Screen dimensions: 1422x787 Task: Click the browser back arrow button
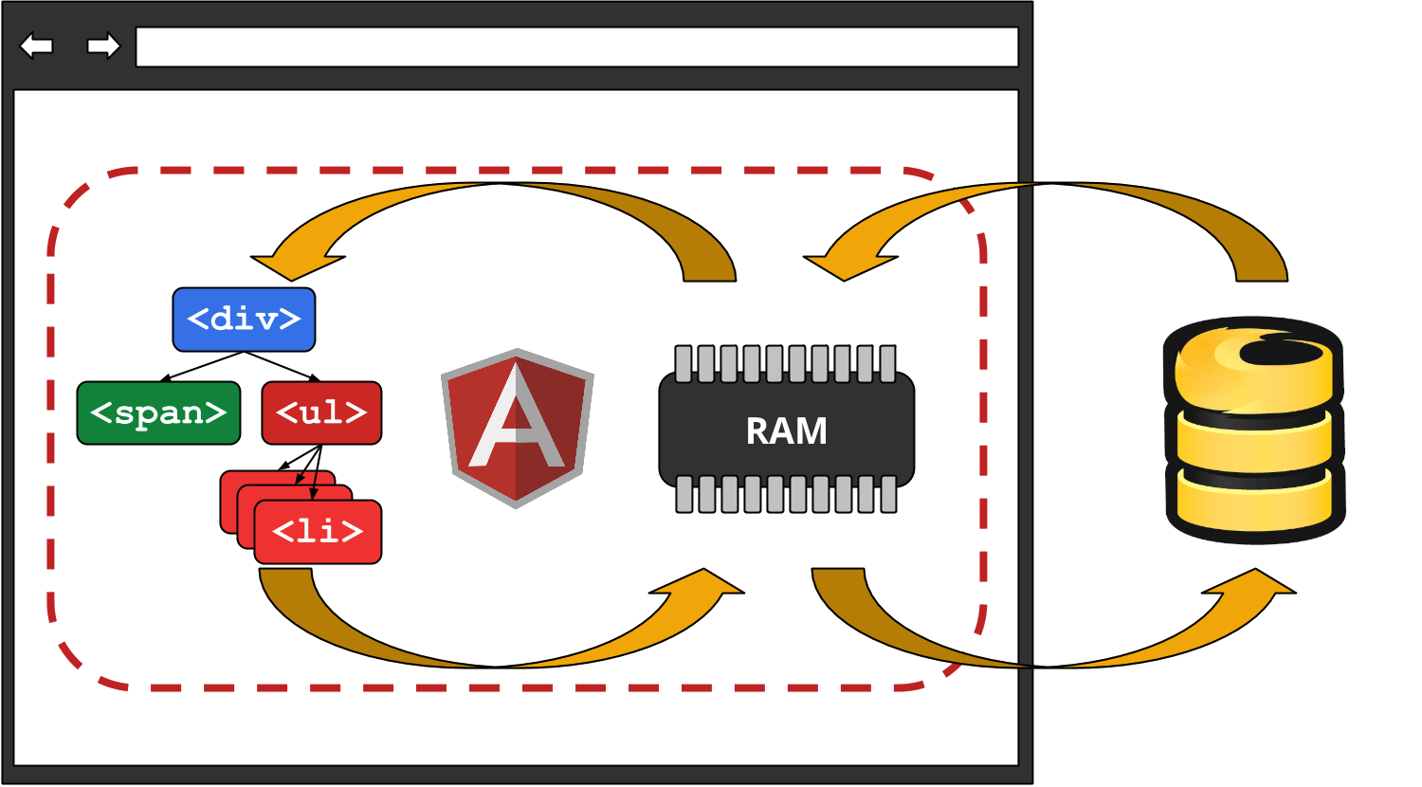point(36,46)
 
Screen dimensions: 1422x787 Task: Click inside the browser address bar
point(576,47)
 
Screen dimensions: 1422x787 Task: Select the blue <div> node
point(244,320)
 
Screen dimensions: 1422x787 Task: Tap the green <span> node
point(158,412)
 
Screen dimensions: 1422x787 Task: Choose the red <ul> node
point(321,412)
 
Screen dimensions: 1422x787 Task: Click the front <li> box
point(318,532)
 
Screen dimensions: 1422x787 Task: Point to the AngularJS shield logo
point(517,427)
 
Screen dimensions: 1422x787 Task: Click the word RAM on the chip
point(786,431)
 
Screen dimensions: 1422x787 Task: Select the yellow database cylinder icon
point(1253,431)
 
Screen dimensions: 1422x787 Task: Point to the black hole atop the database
point(1280,352)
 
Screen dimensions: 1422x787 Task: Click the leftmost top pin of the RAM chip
point(684,364)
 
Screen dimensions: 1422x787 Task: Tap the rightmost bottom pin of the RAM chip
point(888,494)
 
